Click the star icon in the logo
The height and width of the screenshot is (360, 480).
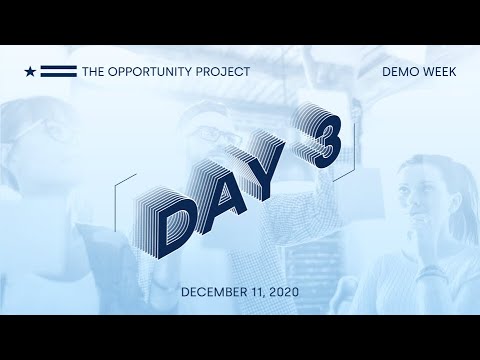pos(31,72)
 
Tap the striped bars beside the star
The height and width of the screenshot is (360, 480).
pos(58,72)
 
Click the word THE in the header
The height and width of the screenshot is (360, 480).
pos(92,72)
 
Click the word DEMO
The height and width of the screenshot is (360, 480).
pos(400,72)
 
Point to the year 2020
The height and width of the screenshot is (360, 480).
pos(284,292)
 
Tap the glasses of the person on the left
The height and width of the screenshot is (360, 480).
pos(50,130)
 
